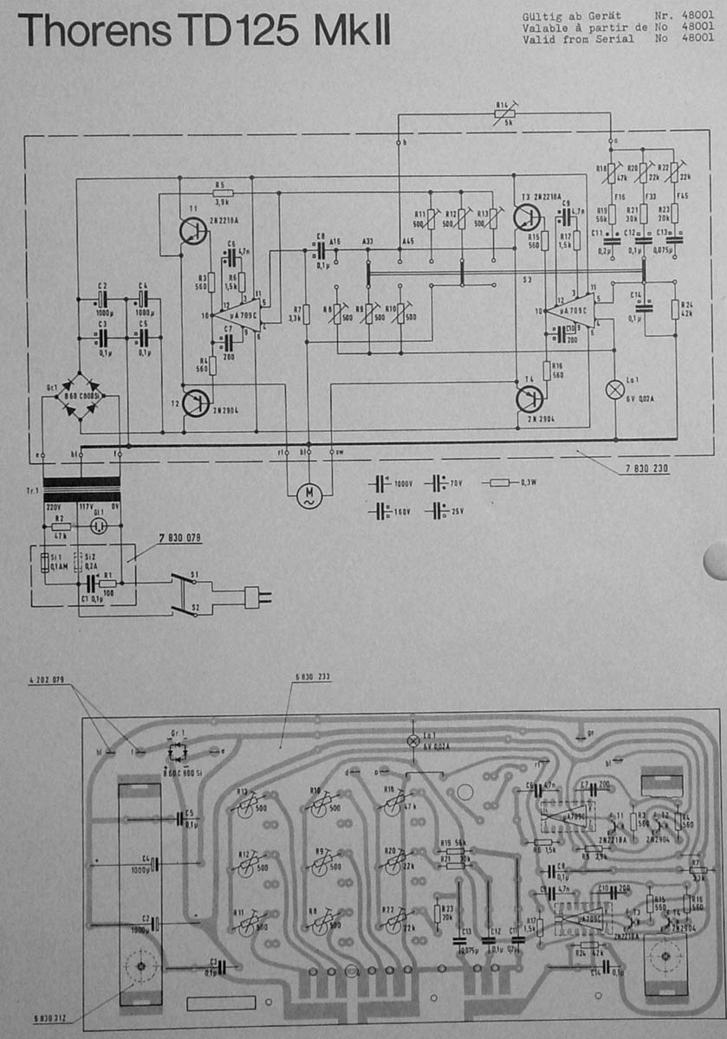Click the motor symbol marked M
coord(308,494)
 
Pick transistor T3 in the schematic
coord(526,217)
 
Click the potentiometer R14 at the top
coord(503,112)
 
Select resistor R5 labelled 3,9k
coord(221,192)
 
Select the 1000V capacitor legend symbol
coord(380,484)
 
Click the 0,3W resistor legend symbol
coord(501,483)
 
